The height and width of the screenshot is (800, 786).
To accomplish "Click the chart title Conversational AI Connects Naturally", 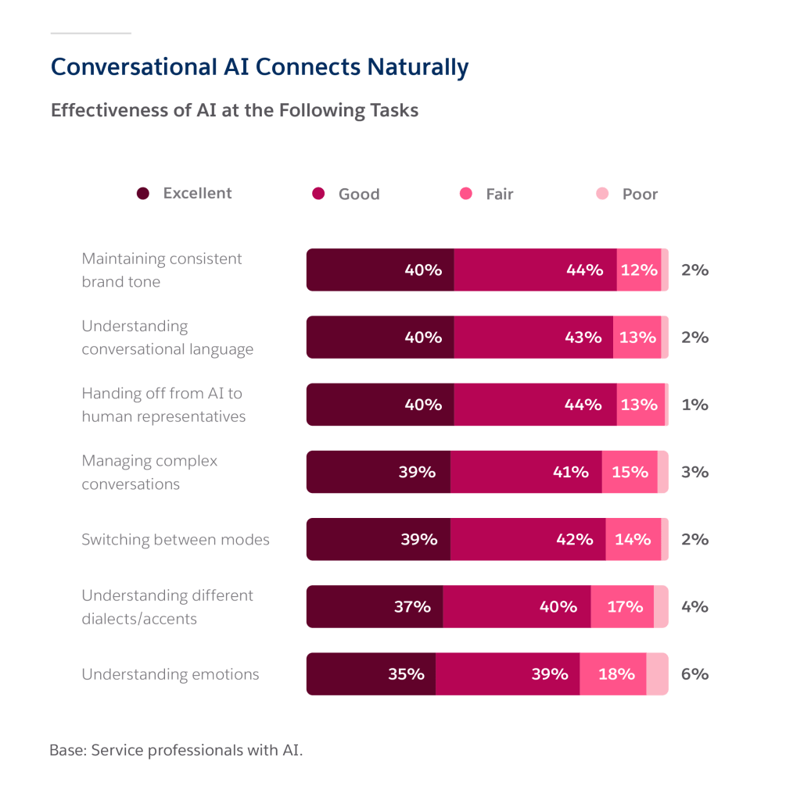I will [259, 67].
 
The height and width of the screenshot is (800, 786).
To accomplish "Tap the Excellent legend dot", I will [142, 194].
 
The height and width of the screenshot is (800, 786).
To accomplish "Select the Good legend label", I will [359, 194].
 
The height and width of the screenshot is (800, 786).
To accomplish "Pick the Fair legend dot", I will [466, 194].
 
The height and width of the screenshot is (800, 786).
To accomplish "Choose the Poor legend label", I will [640, 194].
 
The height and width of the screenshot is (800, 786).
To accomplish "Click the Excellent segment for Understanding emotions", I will [371, 673].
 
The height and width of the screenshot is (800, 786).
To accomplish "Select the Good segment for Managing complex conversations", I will [526, 472].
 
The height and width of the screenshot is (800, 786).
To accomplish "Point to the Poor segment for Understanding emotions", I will [657, 673].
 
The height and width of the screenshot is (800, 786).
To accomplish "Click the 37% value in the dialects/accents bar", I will [412, 606].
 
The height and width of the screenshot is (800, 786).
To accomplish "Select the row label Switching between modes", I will [175, 539].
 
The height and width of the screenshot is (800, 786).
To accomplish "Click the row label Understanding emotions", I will [170, 673].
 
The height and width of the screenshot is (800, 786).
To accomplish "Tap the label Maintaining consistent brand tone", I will [162, 270].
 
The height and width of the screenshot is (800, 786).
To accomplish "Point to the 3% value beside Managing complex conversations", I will [694, 472].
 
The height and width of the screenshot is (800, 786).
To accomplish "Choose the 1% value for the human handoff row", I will [694, 405].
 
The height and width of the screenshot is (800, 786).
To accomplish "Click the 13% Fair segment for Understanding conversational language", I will [637, 337].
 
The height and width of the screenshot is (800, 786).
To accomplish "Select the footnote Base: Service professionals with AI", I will [175, 750].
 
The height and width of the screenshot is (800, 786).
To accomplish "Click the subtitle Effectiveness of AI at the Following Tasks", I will [234, 110].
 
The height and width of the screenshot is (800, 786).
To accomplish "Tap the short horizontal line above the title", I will [90, 34].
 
